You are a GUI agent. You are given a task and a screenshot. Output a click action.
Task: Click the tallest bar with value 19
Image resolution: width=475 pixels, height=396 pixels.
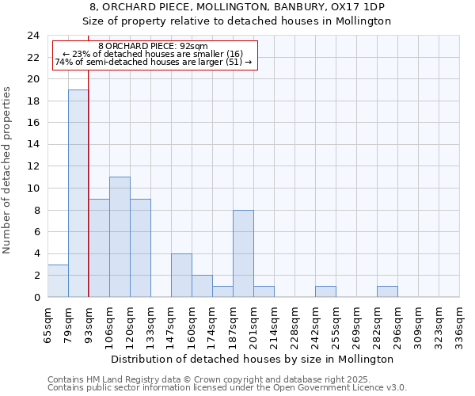tap(78, 193)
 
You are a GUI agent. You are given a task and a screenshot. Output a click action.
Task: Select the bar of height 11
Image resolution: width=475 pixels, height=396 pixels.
tap(120, 237)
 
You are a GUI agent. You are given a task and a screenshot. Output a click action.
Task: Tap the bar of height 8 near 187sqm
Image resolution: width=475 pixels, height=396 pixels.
tap(243, 253)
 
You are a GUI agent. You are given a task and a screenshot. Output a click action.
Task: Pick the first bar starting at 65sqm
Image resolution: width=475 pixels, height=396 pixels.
tap(58, 281)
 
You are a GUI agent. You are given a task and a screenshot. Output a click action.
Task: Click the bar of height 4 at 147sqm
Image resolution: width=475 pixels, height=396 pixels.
tap(181, 275)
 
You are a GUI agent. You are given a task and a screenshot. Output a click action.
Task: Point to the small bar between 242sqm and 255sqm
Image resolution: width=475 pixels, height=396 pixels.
tap(325, 291)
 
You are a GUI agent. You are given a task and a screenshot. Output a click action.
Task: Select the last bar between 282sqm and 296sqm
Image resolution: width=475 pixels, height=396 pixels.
tap(387, 291)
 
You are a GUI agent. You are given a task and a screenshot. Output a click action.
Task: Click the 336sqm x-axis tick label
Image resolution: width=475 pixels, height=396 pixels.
tap(459, 325)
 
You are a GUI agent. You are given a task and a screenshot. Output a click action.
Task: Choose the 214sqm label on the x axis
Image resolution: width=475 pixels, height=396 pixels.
tap(274, 325)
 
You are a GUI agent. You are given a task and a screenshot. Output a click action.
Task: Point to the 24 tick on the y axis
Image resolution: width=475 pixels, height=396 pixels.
tap(33, 36)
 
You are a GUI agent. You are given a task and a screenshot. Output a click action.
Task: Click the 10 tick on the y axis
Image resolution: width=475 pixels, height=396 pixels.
tap(33, 188)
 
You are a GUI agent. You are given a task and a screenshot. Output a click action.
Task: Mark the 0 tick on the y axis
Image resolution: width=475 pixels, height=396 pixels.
tap(36, 298)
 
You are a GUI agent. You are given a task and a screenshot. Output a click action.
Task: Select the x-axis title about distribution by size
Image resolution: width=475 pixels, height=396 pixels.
tap(253, 359)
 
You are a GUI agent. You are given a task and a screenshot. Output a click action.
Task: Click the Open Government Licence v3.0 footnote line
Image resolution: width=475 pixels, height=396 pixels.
tap(227, 388)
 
